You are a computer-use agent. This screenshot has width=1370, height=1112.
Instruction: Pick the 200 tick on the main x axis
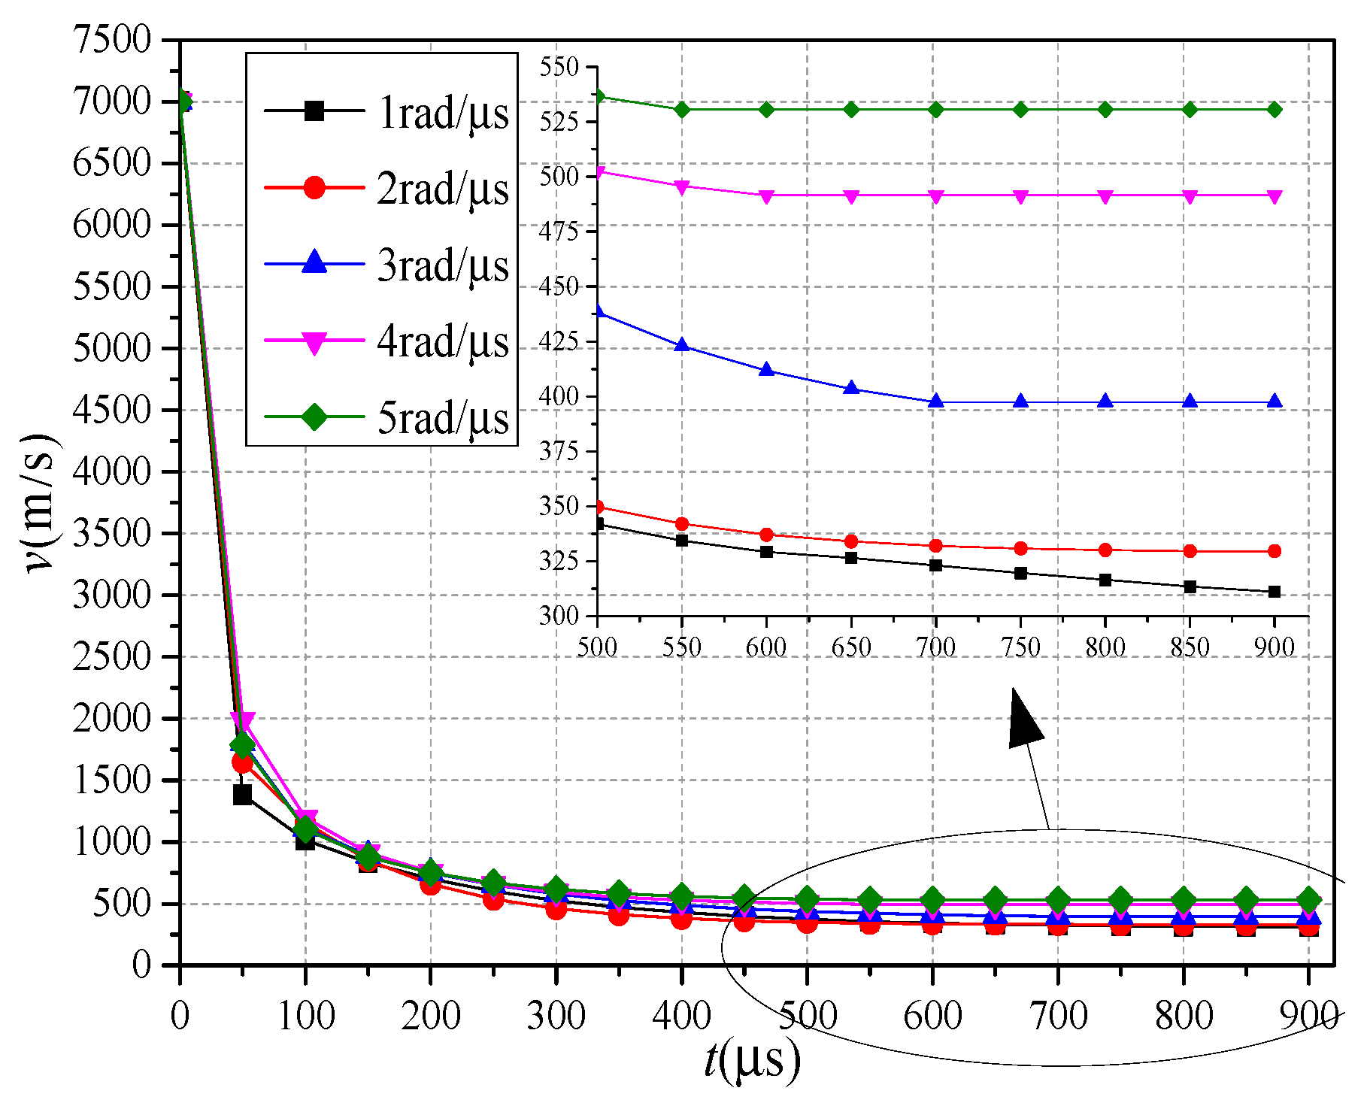click(430, 1017)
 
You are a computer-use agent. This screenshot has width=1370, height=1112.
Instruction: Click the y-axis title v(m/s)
click(41, 502)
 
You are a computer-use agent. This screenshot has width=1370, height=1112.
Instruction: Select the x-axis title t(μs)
click(752, 1060)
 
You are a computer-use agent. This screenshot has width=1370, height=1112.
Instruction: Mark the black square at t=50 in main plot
click(242, 794)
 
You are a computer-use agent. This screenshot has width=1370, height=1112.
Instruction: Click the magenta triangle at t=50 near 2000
click(242, 722)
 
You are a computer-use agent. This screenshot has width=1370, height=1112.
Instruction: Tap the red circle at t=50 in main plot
click(242, 762)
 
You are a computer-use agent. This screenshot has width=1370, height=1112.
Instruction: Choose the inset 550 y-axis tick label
click(559, 67)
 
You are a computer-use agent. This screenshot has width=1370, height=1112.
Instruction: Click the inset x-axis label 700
click(936, 647)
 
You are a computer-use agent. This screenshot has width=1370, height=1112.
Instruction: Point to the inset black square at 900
click(1275, 592)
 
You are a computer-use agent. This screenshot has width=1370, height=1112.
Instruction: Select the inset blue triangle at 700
click(936, 401)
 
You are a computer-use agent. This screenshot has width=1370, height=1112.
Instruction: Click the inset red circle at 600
click(766, 535)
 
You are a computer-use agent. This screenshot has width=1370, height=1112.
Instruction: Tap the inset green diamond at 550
click(682, 110)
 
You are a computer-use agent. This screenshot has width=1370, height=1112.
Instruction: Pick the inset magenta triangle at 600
click(766, 196)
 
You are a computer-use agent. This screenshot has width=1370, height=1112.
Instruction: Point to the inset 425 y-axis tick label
click(559, 341)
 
